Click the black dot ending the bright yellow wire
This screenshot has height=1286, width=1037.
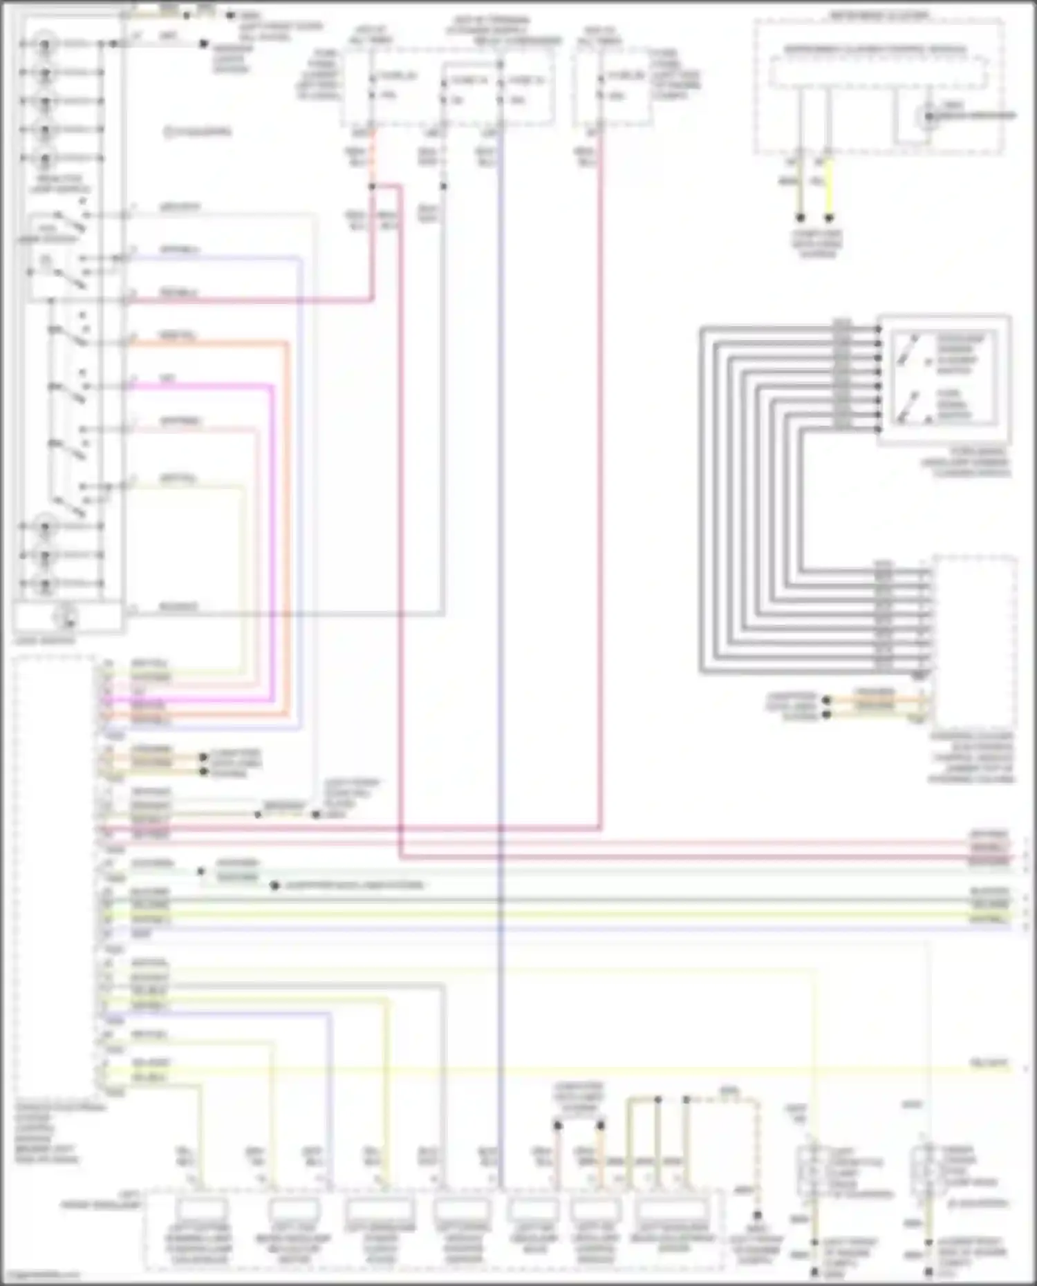[829, 218]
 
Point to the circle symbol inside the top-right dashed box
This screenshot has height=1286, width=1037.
[928, 116]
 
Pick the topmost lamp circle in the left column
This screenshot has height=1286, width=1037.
[46, 44]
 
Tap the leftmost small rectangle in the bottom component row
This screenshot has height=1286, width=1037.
[201, 1209]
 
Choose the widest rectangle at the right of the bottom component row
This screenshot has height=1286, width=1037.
[673, 1210]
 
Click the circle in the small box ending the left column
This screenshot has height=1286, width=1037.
[67, 617]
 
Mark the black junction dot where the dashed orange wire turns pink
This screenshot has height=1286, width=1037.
[372, 187]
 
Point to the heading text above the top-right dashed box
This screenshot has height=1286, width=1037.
[878, 15]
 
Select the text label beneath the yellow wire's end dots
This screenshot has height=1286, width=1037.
[816, 244]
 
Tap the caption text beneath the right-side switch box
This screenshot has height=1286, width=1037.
[965, 462]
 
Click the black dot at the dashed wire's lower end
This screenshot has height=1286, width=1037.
[758, 1215]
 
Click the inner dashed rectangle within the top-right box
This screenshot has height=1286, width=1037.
[878, 73]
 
